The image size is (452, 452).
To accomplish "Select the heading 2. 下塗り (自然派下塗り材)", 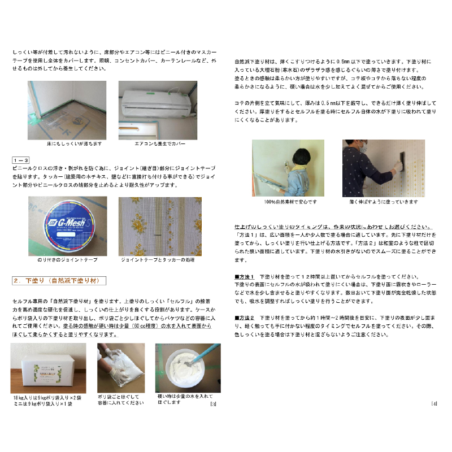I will [x=59, y=280].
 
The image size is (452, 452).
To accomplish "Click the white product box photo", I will [x=49, y=368].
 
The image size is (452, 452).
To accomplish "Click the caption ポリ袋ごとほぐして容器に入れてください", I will [x=121, y=401].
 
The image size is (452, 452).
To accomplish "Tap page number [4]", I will [x=433, y=404].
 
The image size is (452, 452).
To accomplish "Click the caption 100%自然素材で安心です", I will [x=290, y=202].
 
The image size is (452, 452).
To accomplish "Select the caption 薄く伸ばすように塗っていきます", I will [x=384, y=202].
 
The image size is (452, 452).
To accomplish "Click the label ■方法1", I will [x=245, y=277].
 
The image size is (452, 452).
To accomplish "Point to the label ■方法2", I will [x=245, y=319].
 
